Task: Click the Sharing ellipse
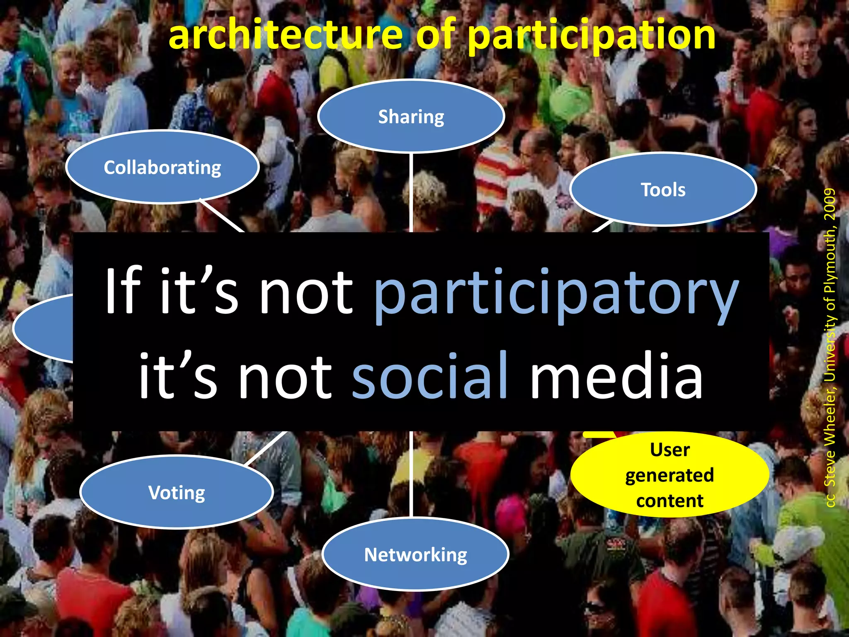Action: (x=411, y=116)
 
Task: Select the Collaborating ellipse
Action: (x=162, y=167)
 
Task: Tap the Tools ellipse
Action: (x=663, y=190)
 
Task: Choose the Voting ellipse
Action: (x=177, y=492)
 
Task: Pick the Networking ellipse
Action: (x=415, y=554)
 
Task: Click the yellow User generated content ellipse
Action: (x=669, y=475)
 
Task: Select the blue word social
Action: (x=430, y=375)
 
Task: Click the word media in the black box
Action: (x=616, y=375)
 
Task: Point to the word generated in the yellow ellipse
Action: (x=669, y=475)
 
